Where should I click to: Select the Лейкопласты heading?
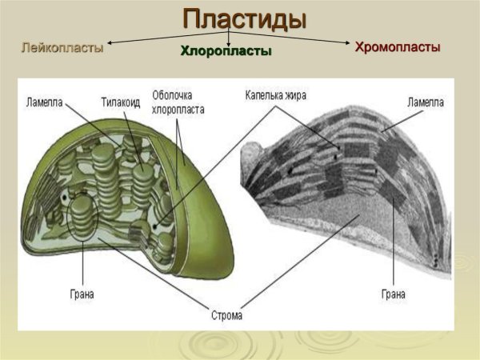pos(62,47)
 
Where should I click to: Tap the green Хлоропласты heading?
pos(226,52)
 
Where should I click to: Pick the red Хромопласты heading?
pos(398,47)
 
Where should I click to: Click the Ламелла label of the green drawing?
pos(45,102)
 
